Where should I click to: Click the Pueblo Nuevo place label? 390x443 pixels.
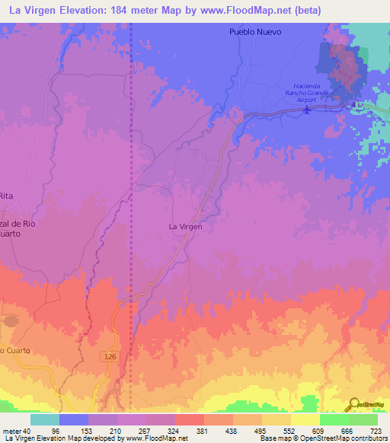pos(255,32)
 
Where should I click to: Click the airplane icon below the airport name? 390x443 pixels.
pos(307,109)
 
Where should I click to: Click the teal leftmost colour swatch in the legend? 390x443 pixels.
pos(45,419)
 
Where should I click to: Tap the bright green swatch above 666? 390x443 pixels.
pos(334,419)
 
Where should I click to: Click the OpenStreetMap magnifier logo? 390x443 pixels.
pos(355,404)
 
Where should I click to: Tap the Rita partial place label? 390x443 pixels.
pos(8,196)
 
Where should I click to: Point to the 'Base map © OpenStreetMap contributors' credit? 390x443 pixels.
pos(323,438)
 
